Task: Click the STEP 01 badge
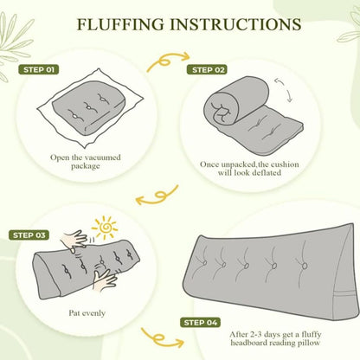tap(39, 70)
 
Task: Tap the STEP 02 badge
tap(208, 70)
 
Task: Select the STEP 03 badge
tap(29, 235)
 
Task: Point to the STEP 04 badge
tap(200, 323)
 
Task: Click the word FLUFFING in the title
tap(120, 24)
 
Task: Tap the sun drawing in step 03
tap(105, 228)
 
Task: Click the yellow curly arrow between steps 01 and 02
tap(167, 62)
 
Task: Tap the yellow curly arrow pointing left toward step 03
tap(157, 196)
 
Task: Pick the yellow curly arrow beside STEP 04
tap(162, 338)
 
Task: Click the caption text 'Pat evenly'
tap(87, 313)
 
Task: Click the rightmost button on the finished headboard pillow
tap(304, 265)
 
